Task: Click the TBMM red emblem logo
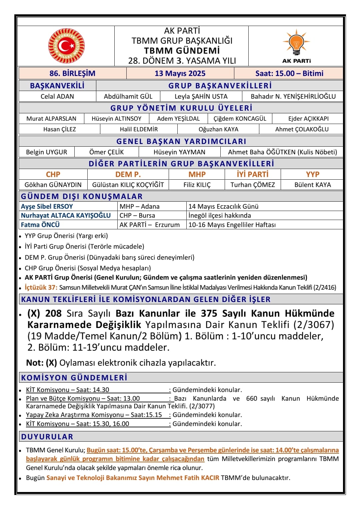pos(66,46)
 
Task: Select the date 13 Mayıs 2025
pos(180,73)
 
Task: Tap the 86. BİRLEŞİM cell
pos(72,73)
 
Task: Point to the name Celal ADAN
pos(57,96)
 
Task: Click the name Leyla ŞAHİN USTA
pos(201,96)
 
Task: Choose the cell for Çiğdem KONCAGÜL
pos(240,119)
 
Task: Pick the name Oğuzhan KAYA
pos(218,129)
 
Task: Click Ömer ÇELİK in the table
pos(106,152)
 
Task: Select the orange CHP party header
pos(53,174)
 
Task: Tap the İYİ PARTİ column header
pos(252,174)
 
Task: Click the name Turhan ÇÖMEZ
pos(253,185)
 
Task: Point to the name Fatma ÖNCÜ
pos(40,225)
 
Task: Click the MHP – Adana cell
pos(140,206)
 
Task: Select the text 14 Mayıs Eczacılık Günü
pos(223,206)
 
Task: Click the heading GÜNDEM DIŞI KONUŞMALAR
pos(82,196)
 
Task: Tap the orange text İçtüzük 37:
pos(41,287)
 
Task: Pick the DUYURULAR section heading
pos(47,437)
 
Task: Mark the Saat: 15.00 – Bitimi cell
pos(289,73)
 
